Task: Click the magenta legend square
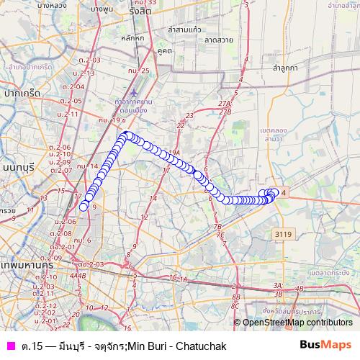coord(10,346)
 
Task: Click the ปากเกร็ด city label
coord(20,93)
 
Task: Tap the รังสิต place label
coord(140,12)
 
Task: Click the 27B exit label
coord(225,112)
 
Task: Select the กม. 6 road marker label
coord(81,239)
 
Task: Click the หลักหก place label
coord(133,37)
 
